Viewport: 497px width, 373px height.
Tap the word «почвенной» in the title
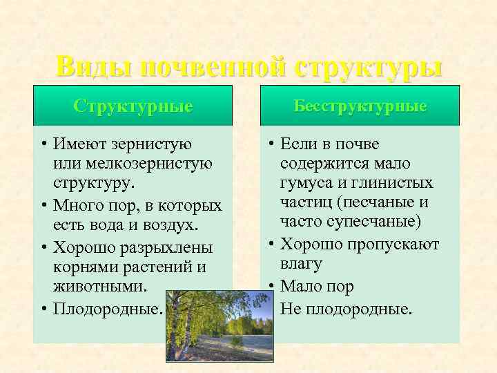click(213, 67)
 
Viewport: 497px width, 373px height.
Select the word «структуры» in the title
click(368, 67)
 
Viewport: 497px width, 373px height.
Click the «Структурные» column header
click(133, 106)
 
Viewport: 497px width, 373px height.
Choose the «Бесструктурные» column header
click(360, 106)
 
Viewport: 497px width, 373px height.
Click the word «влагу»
click(302, 264)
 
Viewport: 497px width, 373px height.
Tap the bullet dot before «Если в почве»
click(273, 144)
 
